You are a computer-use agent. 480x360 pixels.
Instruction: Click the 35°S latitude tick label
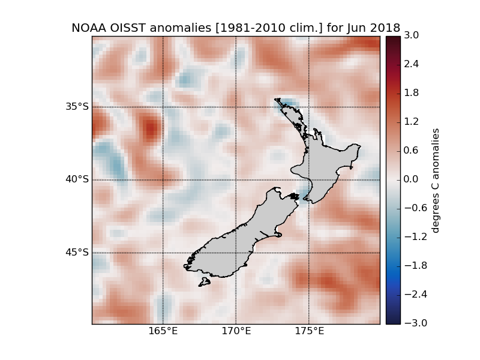pos(77,107)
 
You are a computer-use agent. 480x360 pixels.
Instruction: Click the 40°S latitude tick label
pos(77,179)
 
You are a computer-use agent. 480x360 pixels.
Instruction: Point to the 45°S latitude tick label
pos(77,252)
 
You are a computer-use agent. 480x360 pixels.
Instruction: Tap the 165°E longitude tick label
pos(163,331)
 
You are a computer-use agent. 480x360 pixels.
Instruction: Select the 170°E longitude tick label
pos(236,331)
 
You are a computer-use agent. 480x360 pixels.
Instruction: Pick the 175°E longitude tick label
pos(308,331)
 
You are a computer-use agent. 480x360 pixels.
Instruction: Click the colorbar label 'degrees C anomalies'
pos(436,180)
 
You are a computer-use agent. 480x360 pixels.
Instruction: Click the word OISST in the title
pos(127,28)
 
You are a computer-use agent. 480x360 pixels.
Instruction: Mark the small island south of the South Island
pos(205,281)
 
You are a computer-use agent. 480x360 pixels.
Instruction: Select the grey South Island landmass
pos(234,240)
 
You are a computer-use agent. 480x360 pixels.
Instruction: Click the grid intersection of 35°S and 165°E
pos(163,107)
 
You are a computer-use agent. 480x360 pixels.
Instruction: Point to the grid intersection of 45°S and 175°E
pos(308,252)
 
